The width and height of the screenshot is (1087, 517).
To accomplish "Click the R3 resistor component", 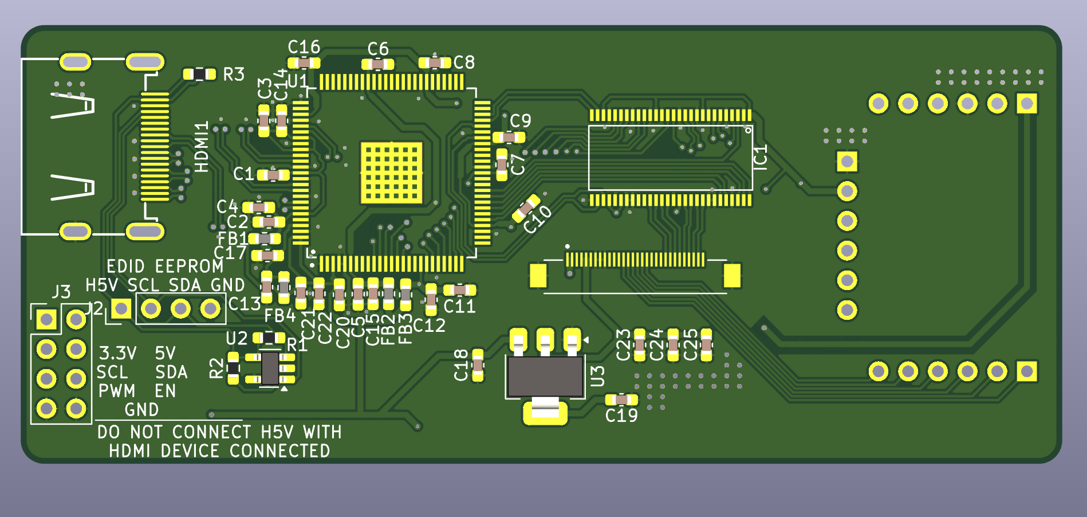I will [199, 74].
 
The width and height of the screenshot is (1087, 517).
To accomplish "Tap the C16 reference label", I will [304, 46].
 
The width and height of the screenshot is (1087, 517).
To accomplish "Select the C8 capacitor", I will [435, 62].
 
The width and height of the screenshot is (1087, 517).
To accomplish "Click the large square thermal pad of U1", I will [391, 173].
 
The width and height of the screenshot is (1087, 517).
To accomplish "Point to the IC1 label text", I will [761, 157].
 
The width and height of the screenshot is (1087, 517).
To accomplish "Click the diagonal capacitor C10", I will [526, 209].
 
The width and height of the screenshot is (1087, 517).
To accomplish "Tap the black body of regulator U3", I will [545, 377].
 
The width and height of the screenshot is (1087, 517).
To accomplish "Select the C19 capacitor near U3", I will [621, 399].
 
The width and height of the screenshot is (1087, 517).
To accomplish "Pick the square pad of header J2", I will [121, 309].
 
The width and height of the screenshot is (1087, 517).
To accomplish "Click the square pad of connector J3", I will [46, 319].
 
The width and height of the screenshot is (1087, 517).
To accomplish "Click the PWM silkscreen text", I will [117, 391].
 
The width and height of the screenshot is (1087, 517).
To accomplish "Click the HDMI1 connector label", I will [202, 147].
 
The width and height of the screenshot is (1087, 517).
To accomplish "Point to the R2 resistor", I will [233, 367].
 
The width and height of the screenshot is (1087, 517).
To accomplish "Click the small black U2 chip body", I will [270, 368].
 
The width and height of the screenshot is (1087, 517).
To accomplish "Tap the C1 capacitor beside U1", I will [273, 175].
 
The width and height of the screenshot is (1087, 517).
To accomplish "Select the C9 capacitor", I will [509, 137].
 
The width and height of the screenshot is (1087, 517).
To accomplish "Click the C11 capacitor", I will [459, 290].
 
